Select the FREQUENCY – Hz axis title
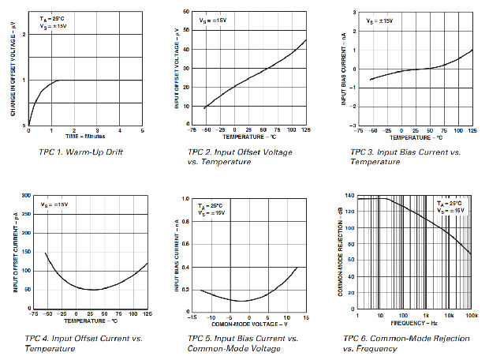(x=414, y=323)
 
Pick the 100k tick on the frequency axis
(x=471, y=316)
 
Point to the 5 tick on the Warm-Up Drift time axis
(x=143, y=130)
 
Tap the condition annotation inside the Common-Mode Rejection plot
(x=451, y=208)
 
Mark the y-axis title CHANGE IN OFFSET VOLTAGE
(x=14, y=69)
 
